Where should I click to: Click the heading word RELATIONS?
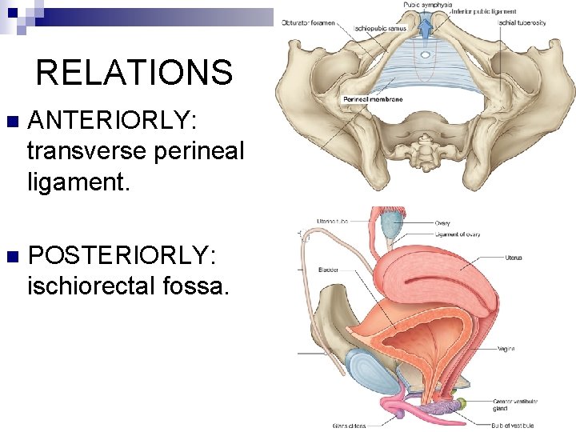click(134, 73)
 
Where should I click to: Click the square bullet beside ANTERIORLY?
click(10, 123)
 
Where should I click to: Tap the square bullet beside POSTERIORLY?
click(10, 258)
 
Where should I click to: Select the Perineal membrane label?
click(372, 99)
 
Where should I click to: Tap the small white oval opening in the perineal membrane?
click(426, 55)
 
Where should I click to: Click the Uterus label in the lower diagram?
click(514, 258)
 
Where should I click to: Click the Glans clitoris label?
click(350, 425)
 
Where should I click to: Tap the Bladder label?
click(327, 270)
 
